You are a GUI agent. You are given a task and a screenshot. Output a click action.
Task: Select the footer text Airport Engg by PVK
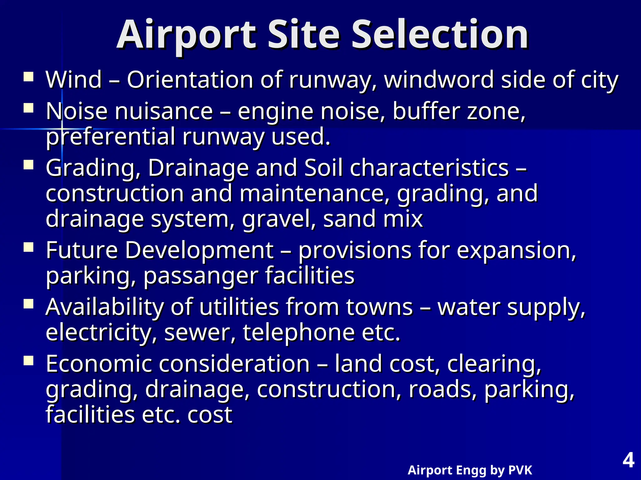(470, 470)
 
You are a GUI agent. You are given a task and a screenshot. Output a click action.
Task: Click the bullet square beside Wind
(28, 77)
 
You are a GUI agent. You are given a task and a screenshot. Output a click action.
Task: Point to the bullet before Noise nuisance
(28, 108)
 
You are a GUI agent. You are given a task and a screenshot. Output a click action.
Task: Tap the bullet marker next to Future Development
(28, 247)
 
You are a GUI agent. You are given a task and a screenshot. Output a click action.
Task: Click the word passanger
(201, 276)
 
